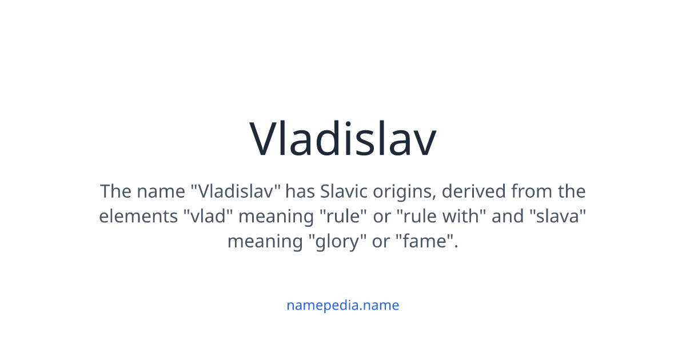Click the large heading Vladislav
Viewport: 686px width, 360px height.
click(343, 139)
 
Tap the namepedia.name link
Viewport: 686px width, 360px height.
click(342, 305)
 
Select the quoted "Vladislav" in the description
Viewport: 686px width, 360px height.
click(236, 191)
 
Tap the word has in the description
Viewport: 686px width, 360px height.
click(301, 191)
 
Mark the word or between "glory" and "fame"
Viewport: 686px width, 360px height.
click(381, 242)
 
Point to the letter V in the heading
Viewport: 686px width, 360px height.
click(265, 139)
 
